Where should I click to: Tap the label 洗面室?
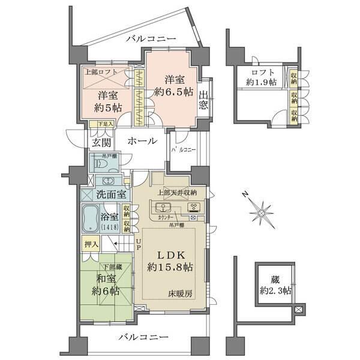111,194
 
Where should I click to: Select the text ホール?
143,141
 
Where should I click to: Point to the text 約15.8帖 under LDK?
171,266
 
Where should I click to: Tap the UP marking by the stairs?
138,243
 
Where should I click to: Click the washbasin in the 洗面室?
110,181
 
